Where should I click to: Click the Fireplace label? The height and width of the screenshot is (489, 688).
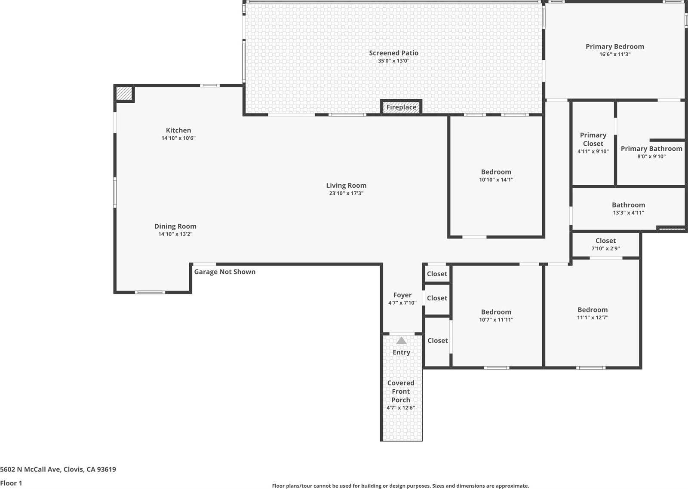tap(401, 107)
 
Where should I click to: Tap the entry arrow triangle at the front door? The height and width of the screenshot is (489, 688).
tap(402, 340)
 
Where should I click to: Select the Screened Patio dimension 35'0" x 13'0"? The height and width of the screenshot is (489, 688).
tap(393, 61)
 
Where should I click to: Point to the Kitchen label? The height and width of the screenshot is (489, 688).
tap(178, 130)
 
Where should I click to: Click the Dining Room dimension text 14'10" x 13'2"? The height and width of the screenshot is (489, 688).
tap(175, 234)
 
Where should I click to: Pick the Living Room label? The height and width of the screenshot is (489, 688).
tap(346, 185)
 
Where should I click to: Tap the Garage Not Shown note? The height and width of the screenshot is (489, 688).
tap(224, 272)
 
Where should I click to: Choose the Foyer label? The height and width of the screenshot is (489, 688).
tap(402, 295)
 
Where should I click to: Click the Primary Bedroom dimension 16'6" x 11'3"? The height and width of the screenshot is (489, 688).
tap(615, 54)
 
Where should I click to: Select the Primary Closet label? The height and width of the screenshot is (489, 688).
tap(593, 139)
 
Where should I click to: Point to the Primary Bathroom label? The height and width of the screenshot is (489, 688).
tap(651, 149)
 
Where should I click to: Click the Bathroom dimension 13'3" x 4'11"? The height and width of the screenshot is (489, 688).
tap(628, 213)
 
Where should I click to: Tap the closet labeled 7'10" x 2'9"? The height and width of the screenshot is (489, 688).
tap(606, 244)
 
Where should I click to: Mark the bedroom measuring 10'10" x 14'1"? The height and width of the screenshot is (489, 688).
tap(496, 176)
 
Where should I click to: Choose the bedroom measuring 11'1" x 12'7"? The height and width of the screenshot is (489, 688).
tap(593, 313)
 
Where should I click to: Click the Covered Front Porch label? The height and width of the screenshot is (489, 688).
tap(401, 391)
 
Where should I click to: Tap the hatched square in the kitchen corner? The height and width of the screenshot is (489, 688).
tap(124, 93)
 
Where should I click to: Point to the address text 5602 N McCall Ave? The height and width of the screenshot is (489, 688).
tap(31, 469)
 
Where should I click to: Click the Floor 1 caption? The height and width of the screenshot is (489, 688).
tap(11, 483)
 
